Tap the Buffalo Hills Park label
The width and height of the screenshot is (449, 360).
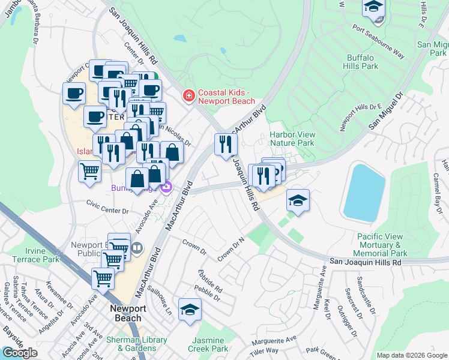(x=363, y=62)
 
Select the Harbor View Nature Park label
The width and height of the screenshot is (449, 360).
(x=292, y=139)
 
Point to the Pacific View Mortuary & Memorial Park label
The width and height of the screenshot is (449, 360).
(x=382, y=245)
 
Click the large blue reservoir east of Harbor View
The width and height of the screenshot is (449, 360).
(x=364, y=191)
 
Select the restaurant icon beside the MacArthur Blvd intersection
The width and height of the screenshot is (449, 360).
(x=226, y=144)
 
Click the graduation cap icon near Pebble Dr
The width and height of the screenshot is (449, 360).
(x=190, y=310)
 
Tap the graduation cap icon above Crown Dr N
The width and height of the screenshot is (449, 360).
(x=298, y=200)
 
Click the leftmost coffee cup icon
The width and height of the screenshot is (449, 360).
(x=74, y=94)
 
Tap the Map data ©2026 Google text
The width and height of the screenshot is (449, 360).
(x=411, y=355)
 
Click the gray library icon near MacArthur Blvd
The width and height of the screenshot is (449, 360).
(x=137, y=247)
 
